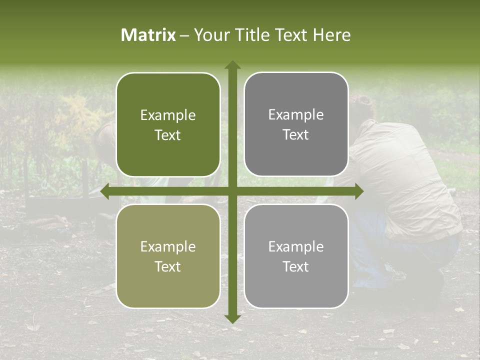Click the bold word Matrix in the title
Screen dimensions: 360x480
point(148,35)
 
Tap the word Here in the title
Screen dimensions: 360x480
point(331,35)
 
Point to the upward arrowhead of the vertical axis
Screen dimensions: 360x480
point(232,65)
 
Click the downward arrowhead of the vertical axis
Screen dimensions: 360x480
point(232,318)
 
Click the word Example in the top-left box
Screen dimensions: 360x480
point(168,115)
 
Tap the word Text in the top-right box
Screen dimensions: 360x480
point(296,135)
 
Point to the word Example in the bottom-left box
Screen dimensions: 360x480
point(168,247)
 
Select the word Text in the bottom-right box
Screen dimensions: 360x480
point(296,266)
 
